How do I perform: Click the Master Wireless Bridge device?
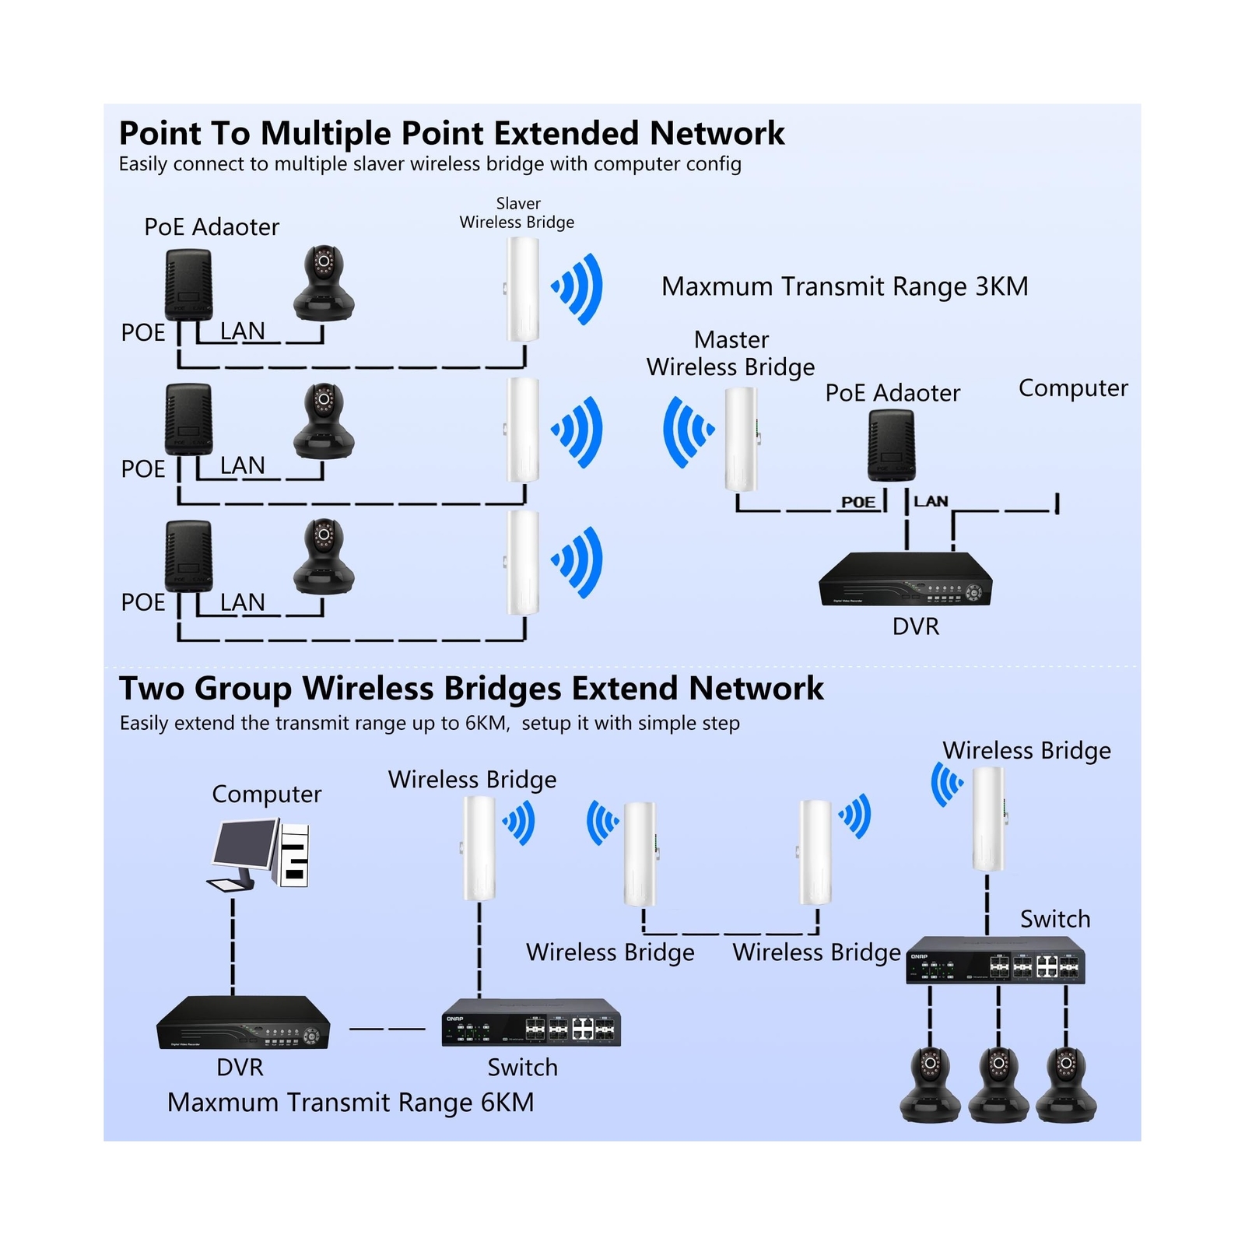(742, 439)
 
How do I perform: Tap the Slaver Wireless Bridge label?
(517, 213)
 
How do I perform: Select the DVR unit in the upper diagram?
(905, 579)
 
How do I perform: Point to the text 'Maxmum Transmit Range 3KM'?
(844, 286)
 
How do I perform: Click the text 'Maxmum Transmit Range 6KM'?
(350, 1102)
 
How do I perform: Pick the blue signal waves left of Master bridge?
(687, 432)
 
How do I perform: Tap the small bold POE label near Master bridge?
(857, 502)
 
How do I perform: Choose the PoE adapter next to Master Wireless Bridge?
(891, 446)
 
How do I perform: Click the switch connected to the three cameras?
(995, 961)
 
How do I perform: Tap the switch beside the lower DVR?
(531, 1022)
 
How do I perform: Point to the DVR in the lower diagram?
(243, 1022)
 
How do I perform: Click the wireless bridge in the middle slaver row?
(523, 430)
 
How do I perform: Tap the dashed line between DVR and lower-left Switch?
(387, 1029)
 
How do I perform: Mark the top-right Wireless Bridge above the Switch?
(988, 819)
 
